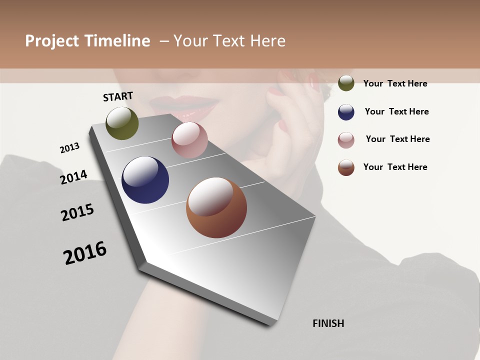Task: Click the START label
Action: (118, 96)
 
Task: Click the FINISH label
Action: (328, 323)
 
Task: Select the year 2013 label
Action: (69, 148)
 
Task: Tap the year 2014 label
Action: (73, 177)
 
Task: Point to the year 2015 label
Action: (77, 212)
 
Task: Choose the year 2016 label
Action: (85, 253)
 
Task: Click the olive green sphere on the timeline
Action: (122, 123)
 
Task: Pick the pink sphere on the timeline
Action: (189, 140)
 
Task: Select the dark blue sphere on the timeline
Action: (145, 180)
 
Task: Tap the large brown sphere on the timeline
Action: (216, 207)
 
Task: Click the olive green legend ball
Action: (346, 83)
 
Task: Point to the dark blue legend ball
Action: (346, 112)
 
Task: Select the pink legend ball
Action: (346, 140)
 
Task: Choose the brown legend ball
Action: (346, 167)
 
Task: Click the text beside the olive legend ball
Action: (395, 83)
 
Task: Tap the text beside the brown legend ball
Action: (395, 167)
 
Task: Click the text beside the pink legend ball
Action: (397, 139)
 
